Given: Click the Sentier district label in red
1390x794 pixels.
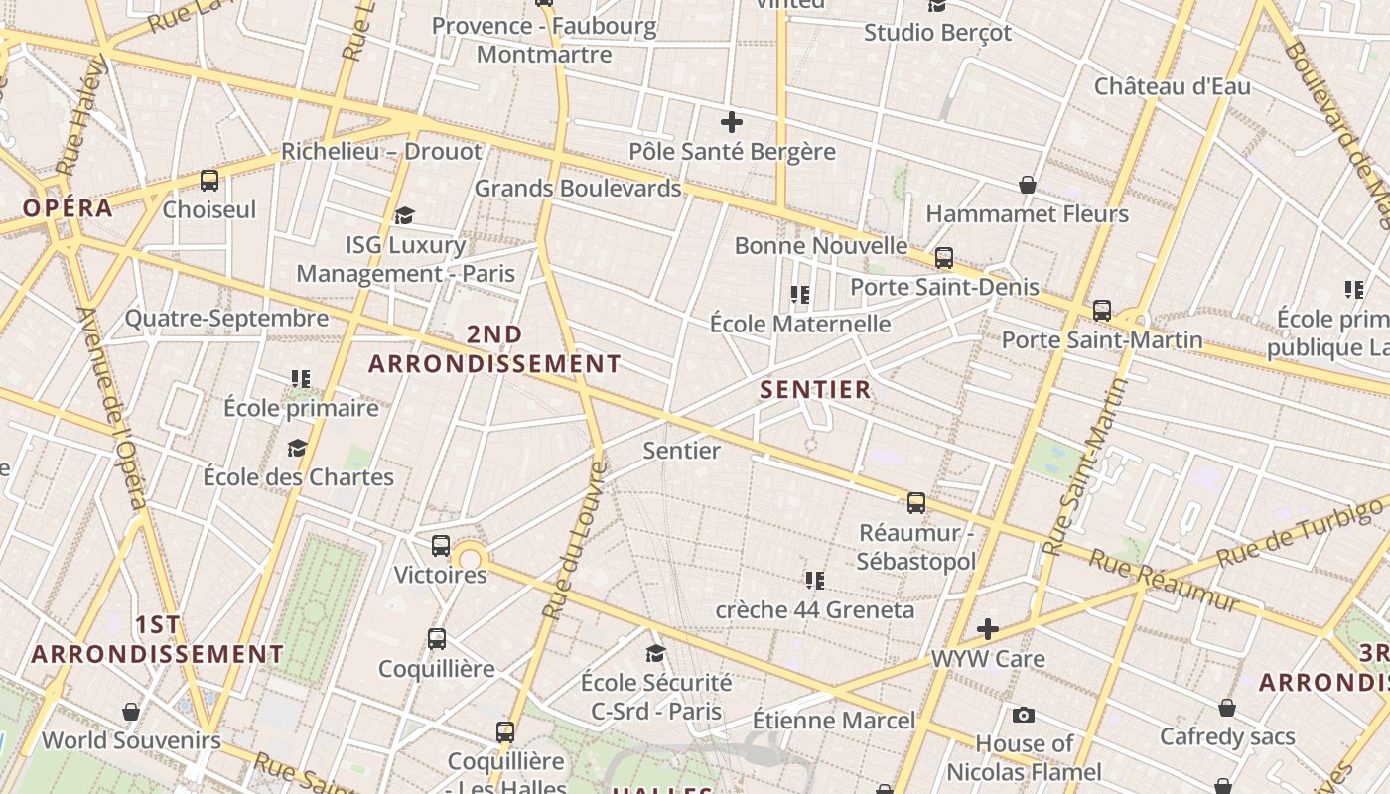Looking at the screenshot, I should [815, 389].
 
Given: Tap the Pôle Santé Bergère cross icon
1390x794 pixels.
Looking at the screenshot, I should [732, 123].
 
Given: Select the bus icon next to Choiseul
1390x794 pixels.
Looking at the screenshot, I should [209, 181].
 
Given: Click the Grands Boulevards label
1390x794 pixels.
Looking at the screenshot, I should [578, 188].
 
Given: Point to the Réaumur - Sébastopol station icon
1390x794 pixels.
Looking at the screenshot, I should [916, 502].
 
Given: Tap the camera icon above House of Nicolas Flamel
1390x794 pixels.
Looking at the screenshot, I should [1024, 715].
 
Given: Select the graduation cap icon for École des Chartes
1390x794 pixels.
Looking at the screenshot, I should [297, 448].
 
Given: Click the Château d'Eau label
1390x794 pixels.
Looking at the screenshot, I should [1173, 86].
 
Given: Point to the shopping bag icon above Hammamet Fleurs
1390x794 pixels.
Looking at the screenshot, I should [1028, 185].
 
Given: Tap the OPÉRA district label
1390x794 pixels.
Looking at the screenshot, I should [68, 208].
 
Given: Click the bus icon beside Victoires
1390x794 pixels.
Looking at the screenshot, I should [441, 545].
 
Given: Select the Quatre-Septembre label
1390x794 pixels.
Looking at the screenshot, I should [226, 319].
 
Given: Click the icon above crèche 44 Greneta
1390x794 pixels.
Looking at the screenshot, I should [815, 580].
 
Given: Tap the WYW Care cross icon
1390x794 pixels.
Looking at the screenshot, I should [987, 629].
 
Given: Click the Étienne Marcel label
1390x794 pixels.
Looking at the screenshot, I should [834, 720].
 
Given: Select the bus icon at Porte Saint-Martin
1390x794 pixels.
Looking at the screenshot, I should [1101, 311].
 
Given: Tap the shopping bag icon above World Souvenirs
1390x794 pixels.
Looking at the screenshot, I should [130, 712].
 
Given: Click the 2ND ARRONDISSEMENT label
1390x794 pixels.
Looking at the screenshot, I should [494, 349].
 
